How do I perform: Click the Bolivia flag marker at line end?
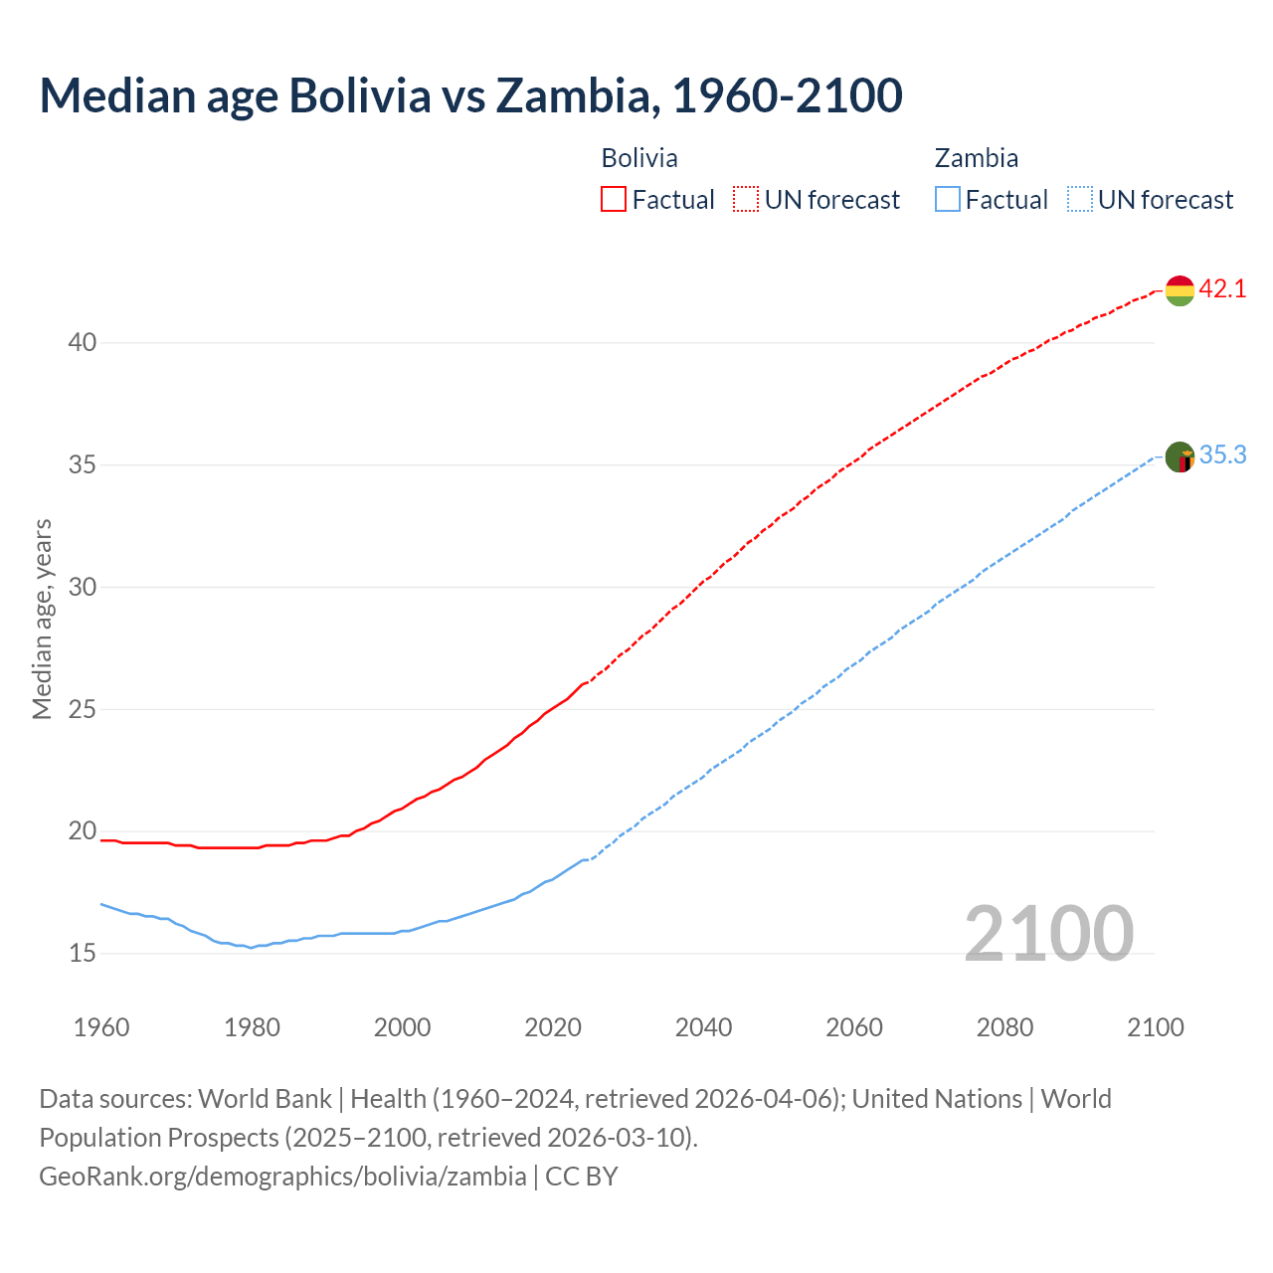[1180, 290]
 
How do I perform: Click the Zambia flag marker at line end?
[1180, 457]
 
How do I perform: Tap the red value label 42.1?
[1222, 288]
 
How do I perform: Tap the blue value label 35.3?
[1222, 455]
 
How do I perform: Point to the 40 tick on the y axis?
[83, 342]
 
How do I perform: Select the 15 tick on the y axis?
[83, 953]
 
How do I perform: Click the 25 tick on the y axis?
[83, 709]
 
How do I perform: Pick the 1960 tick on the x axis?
[101, 1027]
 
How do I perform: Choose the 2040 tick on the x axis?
[703, 1027]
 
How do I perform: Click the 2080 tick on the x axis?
[1004, 1027]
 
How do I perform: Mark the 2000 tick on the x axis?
[402, 1027]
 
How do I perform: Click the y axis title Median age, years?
[42, 619]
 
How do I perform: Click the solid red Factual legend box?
[614, 199]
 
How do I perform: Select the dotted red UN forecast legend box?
[746, 199]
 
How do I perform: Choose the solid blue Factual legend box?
[948, 199]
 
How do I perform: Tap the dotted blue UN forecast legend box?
[1080, 199]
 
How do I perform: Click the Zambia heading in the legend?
[976, 158]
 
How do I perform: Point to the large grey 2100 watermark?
[1048, 933]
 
